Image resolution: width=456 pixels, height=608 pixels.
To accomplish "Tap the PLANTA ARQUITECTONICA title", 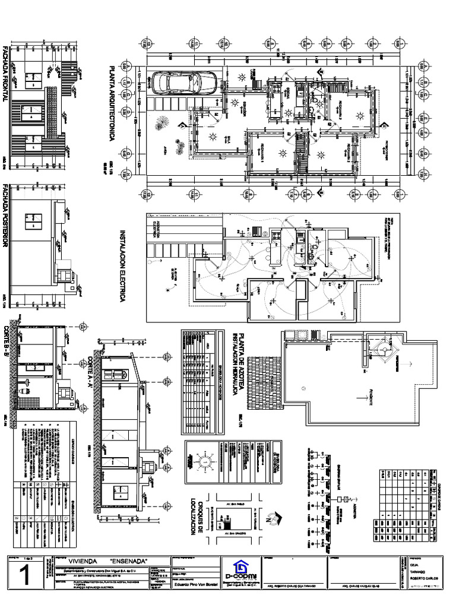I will [x=109, y=103].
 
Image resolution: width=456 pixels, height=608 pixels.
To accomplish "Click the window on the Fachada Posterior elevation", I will [x=31, y=221].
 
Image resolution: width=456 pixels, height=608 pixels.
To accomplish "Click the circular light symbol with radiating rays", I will [x=202, y=462].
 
